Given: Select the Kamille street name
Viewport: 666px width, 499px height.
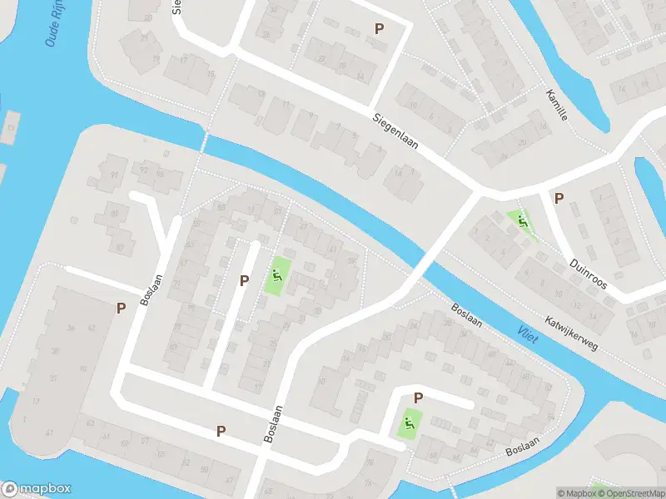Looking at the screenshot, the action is tap(557, 105).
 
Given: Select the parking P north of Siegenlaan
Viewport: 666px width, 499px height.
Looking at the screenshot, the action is tap(380, 28).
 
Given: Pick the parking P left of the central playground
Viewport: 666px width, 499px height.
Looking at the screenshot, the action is tap(244, 281).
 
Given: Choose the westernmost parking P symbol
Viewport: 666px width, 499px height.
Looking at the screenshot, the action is tap(121, 309).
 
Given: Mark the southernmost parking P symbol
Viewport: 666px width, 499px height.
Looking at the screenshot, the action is tap(221, 431).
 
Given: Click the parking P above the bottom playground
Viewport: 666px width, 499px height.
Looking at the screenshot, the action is tap(418, 398).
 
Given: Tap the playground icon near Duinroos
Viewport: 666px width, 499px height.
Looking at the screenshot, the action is tap(522, 221).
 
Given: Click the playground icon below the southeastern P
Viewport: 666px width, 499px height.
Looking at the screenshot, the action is tap(407, 422).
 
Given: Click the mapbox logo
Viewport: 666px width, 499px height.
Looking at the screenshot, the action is tap(37, 489).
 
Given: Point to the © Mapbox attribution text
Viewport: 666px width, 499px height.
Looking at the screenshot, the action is tap(577, 493).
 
